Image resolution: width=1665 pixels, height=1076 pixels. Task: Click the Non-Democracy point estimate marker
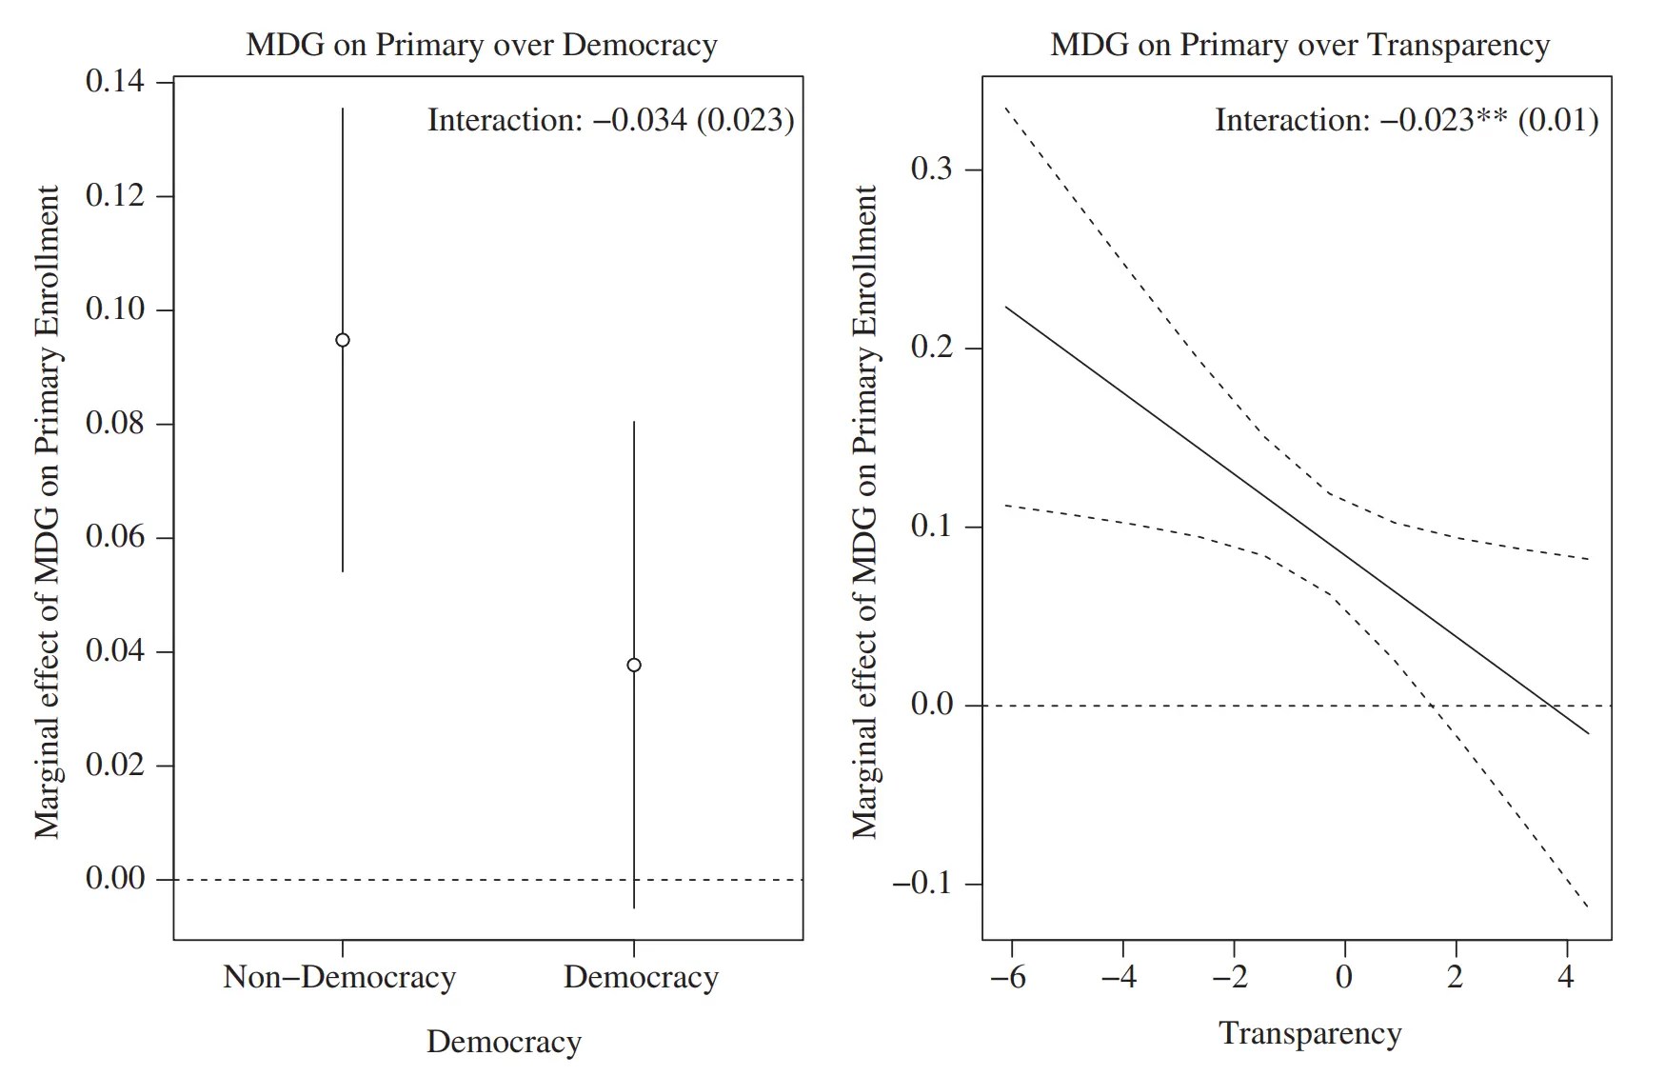(x=343, y=340)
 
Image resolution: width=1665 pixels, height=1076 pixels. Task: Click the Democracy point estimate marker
(x=634, y=665)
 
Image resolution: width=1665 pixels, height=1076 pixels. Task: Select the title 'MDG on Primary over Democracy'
(x=482, y=45)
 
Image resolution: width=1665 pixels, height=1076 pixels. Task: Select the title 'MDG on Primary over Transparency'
(x=1299, y=45)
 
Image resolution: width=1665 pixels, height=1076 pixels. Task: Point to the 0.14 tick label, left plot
(x=115, y=82)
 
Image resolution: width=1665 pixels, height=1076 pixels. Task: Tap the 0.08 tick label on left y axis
(x=115, y=423)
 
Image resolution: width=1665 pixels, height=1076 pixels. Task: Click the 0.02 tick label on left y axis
(x=115, y=765)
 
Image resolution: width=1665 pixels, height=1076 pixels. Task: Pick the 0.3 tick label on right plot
(x=932, y=169)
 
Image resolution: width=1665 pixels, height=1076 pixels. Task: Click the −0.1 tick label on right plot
(x=922, y=883)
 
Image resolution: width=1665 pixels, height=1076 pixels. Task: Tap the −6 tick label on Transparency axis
(x=1008, y=977)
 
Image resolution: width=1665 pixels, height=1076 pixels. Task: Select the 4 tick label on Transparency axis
(x=1566, y=977)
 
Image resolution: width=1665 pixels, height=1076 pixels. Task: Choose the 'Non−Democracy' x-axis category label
(x=340, y=977)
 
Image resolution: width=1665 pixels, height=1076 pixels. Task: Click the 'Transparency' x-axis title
(x=1310, y=1033)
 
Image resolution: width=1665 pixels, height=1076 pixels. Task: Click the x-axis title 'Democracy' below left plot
(x=504, y=1042)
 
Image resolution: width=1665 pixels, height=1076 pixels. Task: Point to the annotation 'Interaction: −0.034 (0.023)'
(x=610, y=120)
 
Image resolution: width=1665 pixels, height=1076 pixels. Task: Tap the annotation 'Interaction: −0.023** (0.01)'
(x=1406, y=120)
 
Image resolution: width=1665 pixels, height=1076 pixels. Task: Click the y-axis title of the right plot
(x=863, y=511)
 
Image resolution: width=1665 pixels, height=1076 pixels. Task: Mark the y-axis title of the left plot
(x=47, y=511)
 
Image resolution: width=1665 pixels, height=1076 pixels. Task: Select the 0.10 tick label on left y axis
(x=115, y=309)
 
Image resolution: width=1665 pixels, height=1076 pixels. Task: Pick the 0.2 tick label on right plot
(x=932, y=348)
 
